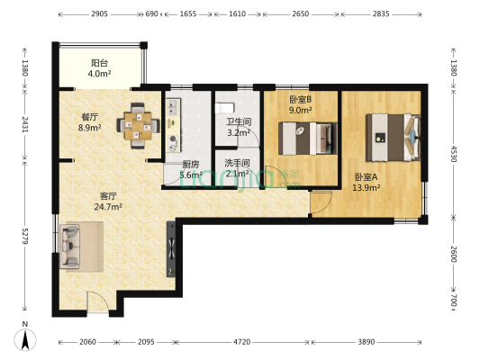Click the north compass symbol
point(25,339)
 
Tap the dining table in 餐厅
point(138,126)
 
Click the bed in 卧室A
point(394,138)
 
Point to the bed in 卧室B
point(308,139)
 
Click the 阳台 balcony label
point(99,63)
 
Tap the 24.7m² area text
point(108,207)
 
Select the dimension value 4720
point(242,342)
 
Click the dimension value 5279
point(25,236)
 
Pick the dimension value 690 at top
point(151,13)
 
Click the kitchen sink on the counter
point(173,107)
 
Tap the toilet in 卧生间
point(225,108)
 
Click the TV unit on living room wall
point(171,249)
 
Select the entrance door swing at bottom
point(97,302)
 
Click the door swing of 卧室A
point(322,202)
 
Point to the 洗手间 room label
point(237,163)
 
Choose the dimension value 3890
point(367,342)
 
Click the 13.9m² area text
point(367,187)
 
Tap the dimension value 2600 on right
point(454,254)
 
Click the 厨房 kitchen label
point(190,165)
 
